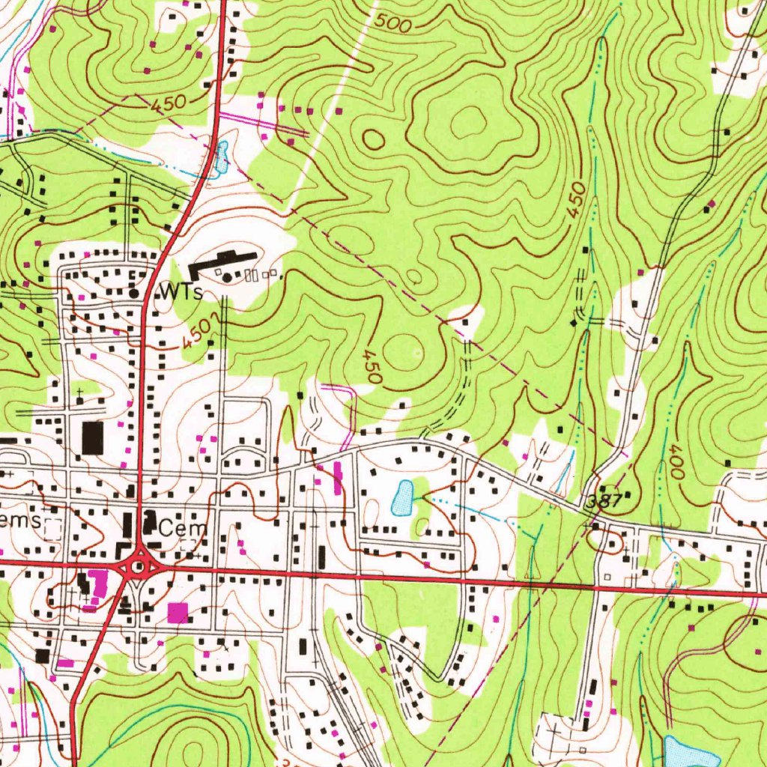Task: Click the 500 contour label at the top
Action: click(393, 24)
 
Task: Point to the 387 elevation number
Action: click(604, 501)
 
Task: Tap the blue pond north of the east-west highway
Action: click(403, 498)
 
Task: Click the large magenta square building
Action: click(178, 612)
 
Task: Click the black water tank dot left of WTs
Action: click(135, 293)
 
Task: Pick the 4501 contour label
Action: click(200, 333)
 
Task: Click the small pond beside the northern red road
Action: click(221, 158)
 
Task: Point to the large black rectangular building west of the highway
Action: click(93, 437)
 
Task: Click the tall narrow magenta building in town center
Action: click(336, 477)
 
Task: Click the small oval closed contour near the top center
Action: click(374, 139)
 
